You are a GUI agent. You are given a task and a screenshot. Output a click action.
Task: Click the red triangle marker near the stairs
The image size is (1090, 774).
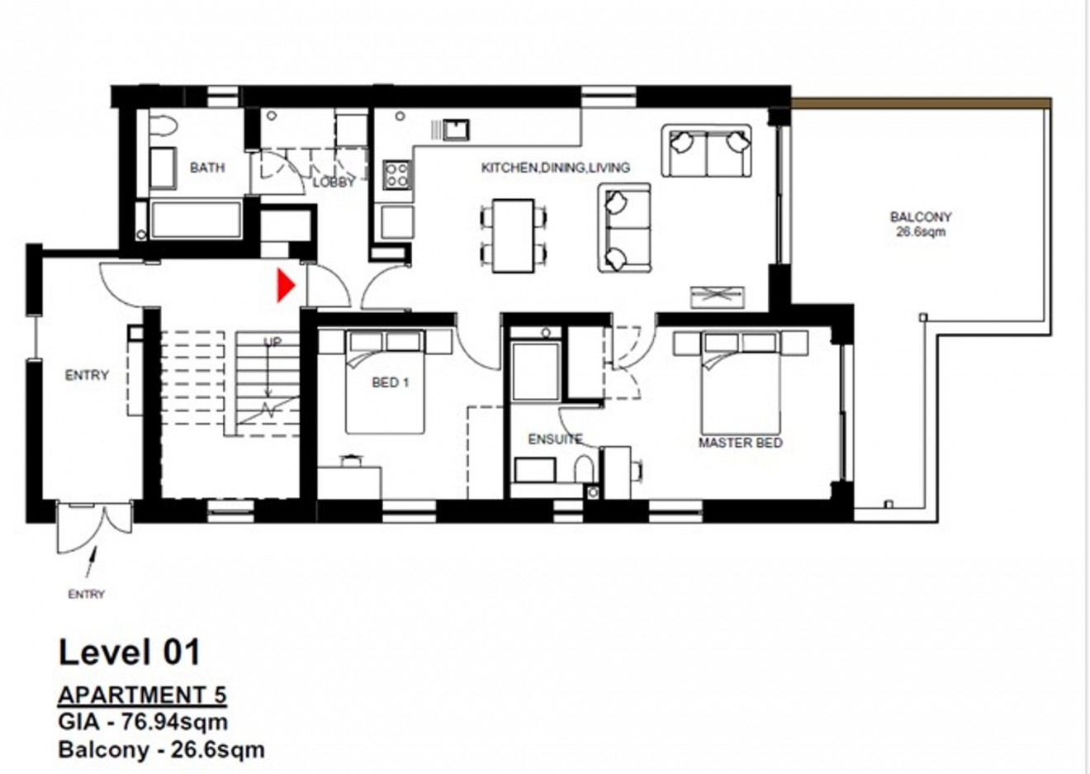pyautogui.click(x=285, y=286)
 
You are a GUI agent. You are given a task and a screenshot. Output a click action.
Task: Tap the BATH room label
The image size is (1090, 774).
pyautogui.click(x=206, y=168)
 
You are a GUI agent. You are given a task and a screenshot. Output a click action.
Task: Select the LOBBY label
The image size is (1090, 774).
pyautogui.click(x=334, y=183)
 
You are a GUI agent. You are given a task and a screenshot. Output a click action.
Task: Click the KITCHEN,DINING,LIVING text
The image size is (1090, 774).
pyautogui.click(x=555, y=168)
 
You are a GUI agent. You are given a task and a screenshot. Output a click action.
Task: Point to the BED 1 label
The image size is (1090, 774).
pyautogui.click(x=391, y=382)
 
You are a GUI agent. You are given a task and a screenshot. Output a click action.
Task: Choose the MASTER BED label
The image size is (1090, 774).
pyautogui.click(x=740, y=443)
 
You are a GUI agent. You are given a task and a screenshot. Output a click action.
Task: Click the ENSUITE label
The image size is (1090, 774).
pyautogui.click(x=555, y=439)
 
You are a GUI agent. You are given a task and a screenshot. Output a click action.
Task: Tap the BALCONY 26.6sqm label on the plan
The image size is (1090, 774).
pyautogui.click(x=920, y=224)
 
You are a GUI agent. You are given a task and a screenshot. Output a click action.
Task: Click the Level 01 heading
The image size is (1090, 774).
pyautogui.click(x=130, y=653)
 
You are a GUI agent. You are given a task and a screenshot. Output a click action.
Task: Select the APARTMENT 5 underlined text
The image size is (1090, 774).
pyautogui.click(x=142, y=695)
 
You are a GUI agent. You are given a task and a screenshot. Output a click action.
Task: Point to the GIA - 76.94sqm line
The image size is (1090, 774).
pyautogui.click(x=143, y=722)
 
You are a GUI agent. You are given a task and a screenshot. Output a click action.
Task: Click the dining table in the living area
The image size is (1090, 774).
pyautogui.click(x=513, y=235)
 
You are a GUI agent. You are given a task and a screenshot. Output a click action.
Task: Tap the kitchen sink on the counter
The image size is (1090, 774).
pyautogui.click(x=455, y=130)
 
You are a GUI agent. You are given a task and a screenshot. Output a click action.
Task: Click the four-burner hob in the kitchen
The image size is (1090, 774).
pyautogui.click(x=396, y=174)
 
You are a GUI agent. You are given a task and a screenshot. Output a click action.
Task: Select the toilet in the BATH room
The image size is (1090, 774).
pyautogui.click(x=163, y=126)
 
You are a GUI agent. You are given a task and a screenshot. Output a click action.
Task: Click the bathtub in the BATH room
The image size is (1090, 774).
pyautogui.click(x=196, y=221)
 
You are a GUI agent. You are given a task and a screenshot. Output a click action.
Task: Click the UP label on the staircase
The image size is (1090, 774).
pyautogui.click(x=272, y=341)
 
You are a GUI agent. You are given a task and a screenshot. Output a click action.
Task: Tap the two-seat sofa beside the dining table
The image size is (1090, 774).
pyautogui.click(x=624, y=228)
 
